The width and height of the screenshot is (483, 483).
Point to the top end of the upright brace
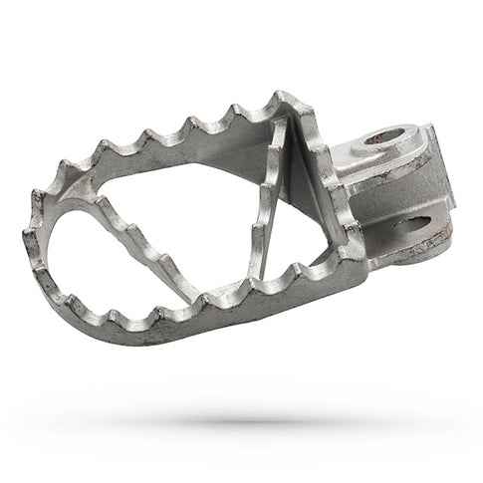[286, 124]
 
